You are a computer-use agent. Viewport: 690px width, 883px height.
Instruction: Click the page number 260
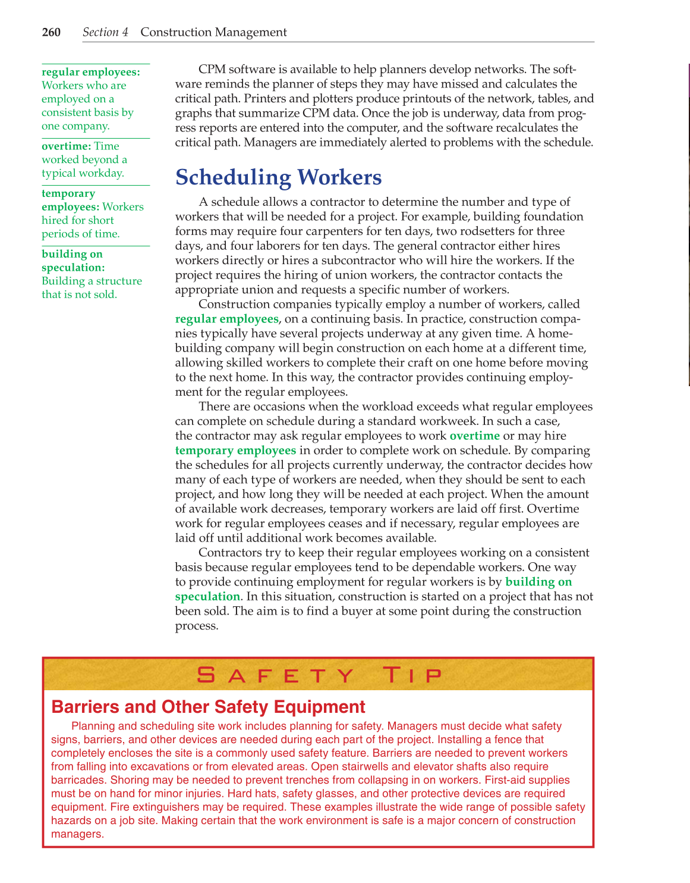click(x=51, y=32)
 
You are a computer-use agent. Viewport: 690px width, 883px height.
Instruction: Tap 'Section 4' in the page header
click(x=105, y=32)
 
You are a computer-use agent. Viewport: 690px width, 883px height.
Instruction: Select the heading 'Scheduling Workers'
click(x=279, y=177)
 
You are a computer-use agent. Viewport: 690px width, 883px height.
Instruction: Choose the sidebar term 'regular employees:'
click(x=91, y=72)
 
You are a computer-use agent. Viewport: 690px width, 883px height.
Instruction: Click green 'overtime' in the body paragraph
click(x=474, y=436)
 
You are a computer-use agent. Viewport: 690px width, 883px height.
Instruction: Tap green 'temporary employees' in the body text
click(x=235, y=450)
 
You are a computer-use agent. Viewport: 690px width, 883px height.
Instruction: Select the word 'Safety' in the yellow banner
click(x=275, y=675)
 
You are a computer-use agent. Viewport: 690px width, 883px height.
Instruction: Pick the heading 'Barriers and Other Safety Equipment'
click(x=208, y=707)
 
